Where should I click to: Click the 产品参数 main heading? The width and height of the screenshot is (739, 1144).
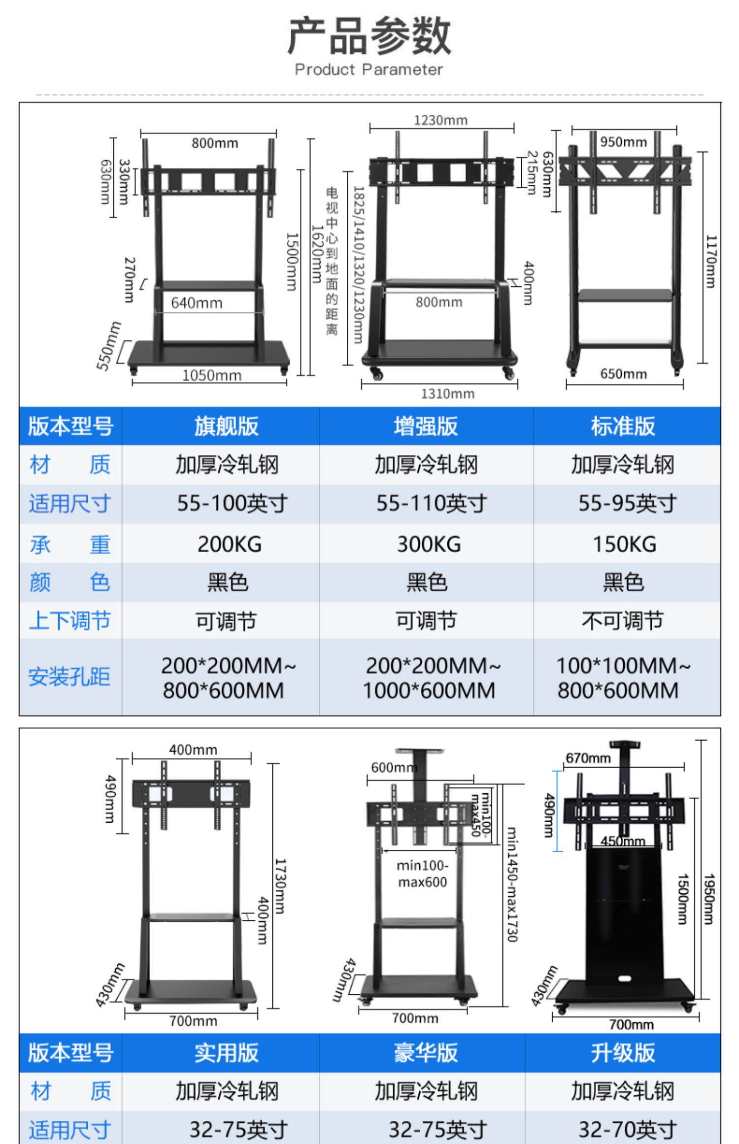[x=369, y=35]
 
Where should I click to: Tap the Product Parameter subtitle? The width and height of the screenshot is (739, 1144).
[x=369, y=69]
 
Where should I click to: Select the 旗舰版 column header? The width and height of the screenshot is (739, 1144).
[x=226, y=426]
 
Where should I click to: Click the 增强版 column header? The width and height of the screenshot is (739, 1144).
[x=426, y=426]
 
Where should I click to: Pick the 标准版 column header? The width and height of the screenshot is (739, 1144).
[x=623, y=426]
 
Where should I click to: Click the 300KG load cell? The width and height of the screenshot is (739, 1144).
[x=429, y=544]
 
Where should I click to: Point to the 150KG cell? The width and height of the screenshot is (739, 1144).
[x=624, y=544]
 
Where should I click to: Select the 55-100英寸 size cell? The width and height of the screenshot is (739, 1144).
[x=232, y=504]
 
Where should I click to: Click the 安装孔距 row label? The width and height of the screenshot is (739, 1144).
[x=69, y=677]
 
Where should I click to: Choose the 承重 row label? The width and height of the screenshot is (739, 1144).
[x=70, y=544]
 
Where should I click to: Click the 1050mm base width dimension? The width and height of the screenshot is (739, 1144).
[x=212, y=376]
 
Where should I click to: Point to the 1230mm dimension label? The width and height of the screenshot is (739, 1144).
[x=440, y=120]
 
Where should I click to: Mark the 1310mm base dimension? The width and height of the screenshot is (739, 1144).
[x=447, y=394]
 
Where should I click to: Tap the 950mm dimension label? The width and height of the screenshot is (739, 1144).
[x=623, y=142]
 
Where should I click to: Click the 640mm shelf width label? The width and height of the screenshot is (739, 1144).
[x=197, y=303]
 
